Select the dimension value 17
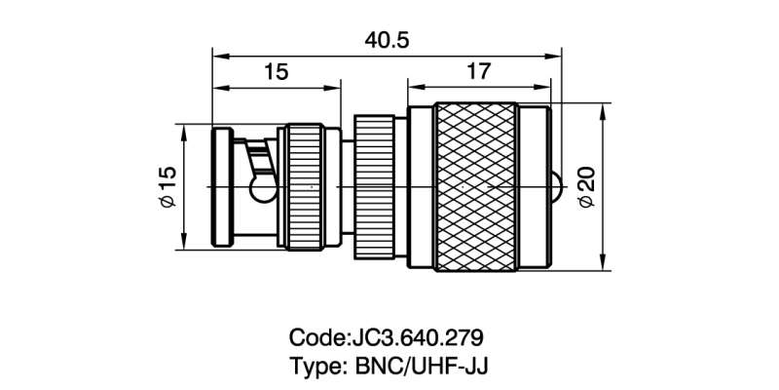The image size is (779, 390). tap(477, 71)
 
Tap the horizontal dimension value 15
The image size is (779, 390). tap(276, 71)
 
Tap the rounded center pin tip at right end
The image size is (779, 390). tap(556, 185)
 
